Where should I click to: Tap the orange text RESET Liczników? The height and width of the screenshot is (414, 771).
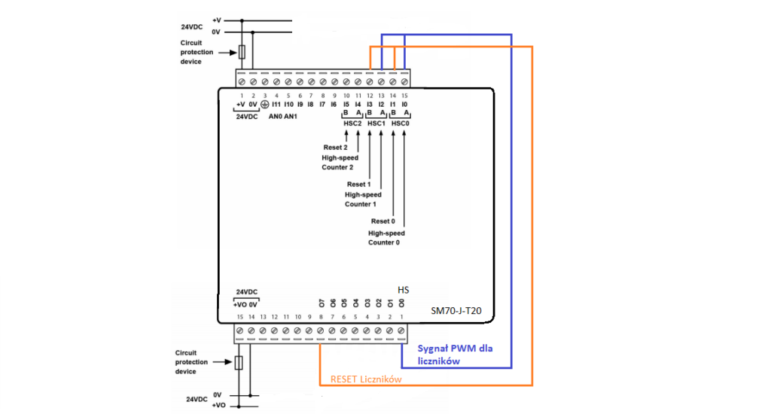tap(366, 380)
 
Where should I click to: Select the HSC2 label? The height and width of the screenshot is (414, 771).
tap(352, 123)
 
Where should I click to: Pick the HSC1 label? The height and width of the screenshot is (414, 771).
tap(376, 123)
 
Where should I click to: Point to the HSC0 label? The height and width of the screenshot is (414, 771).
tap(400, 123)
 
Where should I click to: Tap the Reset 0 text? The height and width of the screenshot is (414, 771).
tap(382, 221)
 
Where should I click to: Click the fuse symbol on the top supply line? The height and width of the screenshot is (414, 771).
tap(242, 52)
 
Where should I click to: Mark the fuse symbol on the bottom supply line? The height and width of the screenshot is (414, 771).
tap(239, 364)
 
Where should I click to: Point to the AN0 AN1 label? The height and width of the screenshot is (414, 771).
tap(283, 117)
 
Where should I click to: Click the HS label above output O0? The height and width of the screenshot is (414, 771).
tap(403, 290)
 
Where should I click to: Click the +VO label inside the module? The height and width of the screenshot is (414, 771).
tap(241, 304)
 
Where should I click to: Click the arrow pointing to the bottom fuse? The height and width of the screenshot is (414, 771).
tap(224, 363)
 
